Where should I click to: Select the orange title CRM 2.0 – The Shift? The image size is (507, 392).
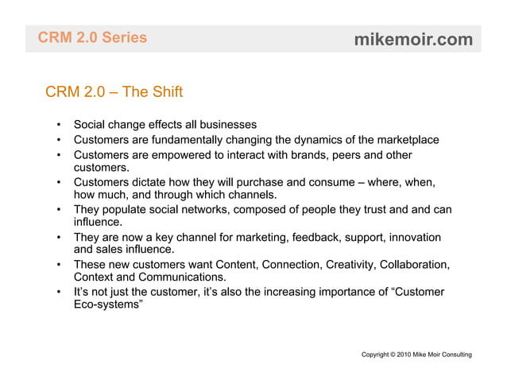pos(114,92)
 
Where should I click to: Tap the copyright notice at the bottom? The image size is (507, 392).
pos(416,353)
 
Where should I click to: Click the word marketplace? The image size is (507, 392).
pos(402,141)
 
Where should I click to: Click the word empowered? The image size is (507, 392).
pos(180,155)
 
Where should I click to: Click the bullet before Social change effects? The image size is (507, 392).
pos(60,126)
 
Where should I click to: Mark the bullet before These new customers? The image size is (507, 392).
pos(60,264)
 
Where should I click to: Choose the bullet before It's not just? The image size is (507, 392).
pos(60,292)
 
